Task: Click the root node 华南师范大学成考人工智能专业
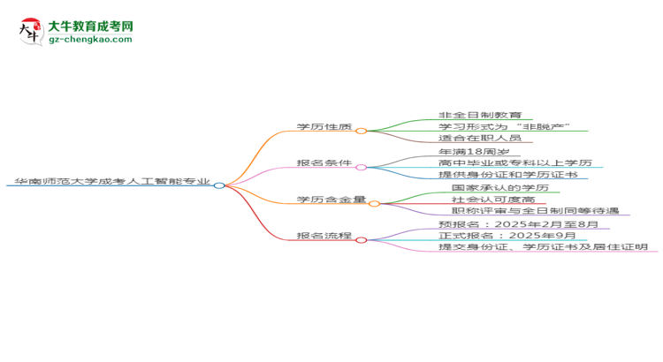click(112, 181)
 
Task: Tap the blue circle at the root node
click(219, 185)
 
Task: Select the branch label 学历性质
click(324, 127)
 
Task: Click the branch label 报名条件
click(324, 163)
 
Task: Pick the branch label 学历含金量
click(331, 200)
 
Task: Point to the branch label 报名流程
click(324, 236)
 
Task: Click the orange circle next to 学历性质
click(361, 131)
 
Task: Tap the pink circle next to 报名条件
click(361, 167)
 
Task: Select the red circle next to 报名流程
click(361, 240)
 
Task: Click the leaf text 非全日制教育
click(480, 115)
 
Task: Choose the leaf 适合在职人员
click(480, 138)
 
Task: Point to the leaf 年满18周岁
click(474, 152)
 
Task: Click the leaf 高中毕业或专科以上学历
click(515, 162)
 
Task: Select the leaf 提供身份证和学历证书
click(507, 175)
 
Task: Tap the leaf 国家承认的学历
click(500, 187)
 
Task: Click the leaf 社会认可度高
click(493, 200)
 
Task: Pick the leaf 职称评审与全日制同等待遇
click(536, 210)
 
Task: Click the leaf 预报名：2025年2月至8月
click(518, 224)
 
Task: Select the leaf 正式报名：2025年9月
click(507, 235)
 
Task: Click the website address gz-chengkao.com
click(90, 39)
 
